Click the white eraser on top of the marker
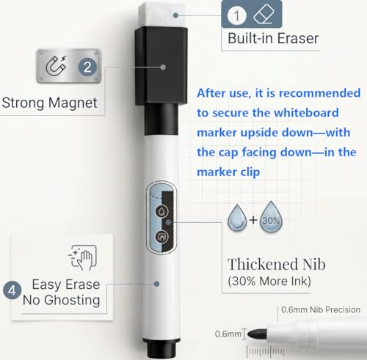(163, 15)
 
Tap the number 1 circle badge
(236, 15)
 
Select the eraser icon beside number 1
(264, 14)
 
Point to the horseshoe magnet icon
(57, 65)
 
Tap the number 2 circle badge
(87, 67)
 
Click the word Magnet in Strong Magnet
(73, 103)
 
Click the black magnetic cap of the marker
(161, 66)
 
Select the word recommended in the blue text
(320, 93)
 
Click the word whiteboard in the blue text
(306, 113)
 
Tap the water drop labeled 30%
(271, 216)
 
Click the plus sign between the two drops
(253, 220)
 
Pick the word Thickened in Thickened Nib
(264, 264)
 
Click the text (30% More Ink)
(269, 281)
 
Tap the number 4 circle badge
(12, 290)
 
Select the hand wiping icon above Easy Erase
(83, 257)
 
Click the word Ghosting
(72, 301)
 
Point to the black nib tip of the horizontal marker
(257, 334)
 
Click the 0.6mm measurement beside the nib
(228, 334)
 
